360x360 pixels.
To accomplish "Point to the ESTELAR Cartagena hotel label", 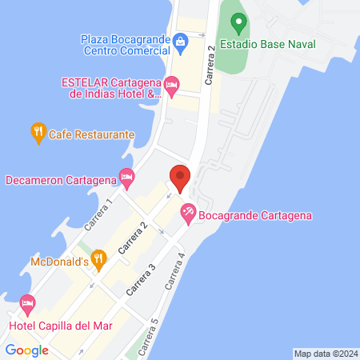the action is click(111, 87).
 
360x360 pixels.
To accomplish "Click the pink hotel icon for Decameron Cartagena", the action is click(126, 178).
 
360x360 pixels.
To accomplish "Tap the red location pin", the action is click(180, 178).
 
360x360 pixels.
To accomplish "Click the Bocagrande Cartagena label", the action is click(255, 214).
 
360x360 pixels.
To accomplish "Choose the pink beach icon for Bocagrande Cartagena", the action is click(188, 214).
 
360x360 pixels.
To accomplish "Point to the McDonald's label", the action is click(58, 262).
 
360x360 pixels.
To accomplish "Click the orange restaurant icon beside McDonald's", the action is click(98, 258).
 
